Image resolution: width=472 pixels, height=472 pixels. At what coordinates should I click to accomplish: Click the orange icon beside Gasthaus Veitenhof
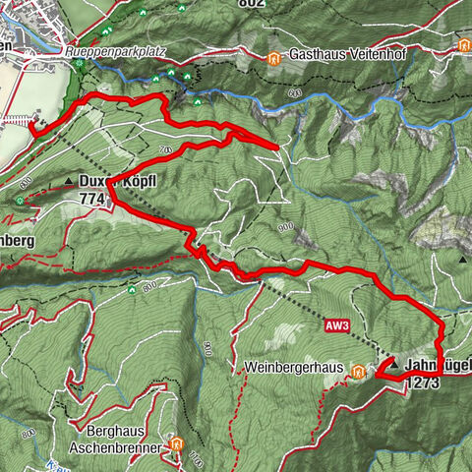(x=273, y=57)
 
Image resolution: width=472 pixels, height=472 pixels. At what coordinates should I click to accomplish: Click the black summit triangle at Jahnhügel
(x=393, y=363)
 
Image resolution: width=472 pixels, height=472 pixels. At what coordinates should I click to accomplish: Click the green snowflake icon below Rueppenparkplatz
(x=79, y=65)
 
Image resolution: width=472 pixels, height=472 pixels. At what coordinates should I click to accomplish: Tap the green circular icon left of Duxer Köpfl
(x=21, y=201)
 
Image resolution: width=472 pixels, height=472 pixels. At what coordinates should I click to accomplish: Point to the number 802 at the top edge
(x=252, y=4)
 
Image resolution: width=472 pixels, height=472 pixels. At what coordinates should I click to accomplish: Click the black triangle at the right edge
(x=462, y=261)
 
